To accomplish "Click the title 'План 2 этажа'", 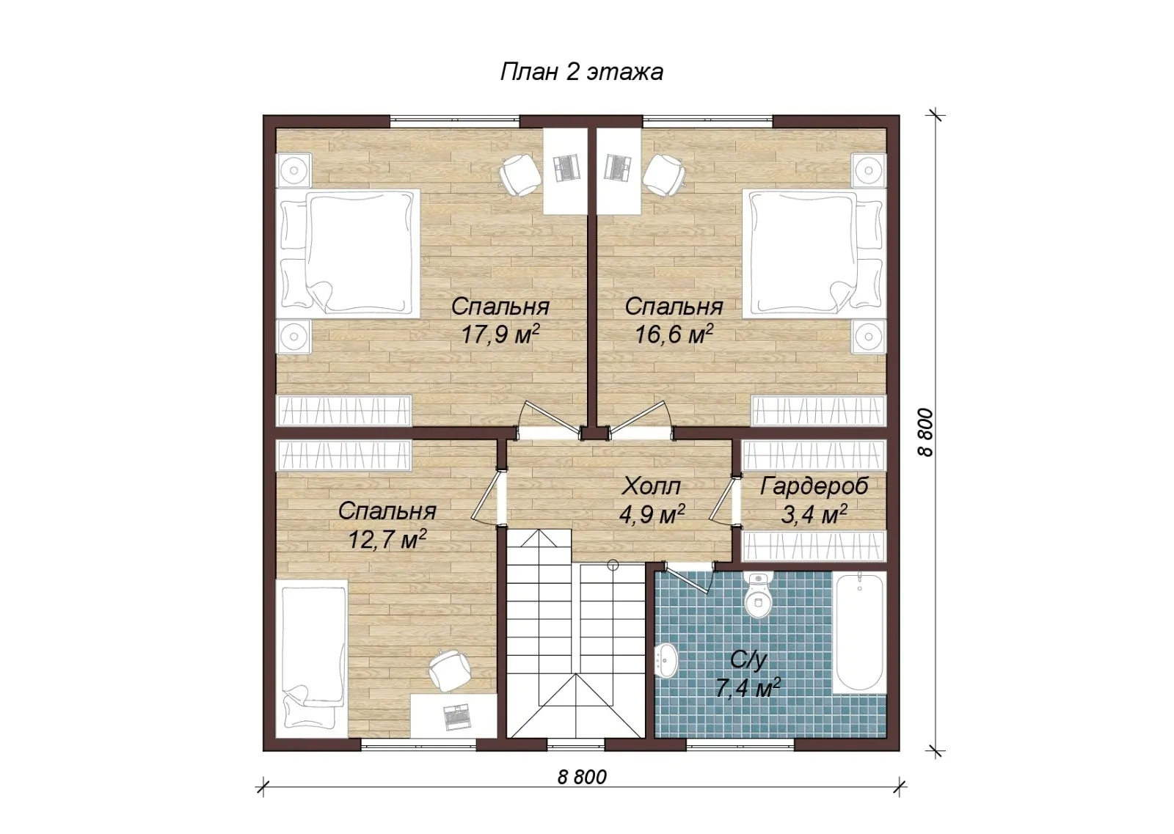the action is tap(582, 73).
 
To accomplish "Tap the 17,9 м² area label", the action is tap(500, 334).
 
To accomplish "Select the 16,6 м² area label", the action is tap(674, 334).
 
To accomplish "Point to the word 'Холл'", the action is tap(651, 486).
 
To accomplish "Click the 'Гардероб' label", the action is tap(814, 486).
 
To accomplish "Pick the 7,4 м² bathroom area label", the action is tap(748, 687).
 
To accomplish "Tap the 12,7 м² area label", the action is tap(387, 539).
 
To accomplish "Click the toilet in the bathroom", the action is tap(759, 596).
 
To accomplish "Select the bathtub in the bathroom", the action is tap(858, 633).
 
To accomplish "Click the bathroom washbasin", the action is tap(666, 661).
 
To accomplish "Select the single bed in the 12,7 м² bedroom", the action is tap(313, 658).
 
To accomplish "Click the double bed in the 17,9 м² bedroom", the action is tap(349, 254).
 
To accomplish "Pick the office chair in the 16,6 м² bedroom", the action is tap(664, 175).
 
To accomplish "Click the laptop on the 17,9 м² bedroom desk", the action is tap(567, 168).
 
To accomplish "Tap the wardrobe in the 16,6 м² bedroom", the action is tap(818, 411).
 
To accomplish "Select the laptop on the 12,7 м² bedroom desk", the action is tap(457, 717).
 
